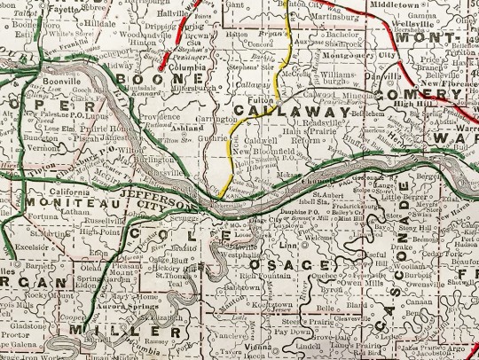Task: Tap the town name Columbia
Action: click(x=180, y=66)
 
